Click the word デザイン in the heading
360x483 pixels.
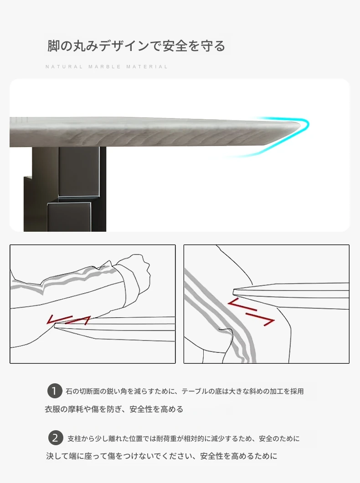coord(124,46)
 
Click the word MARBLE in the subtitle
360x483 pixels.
coord(105,66)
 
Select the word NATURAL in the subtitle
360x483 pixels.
coord(64,66)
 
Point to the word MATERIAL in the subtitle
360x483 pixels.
coord(147,66)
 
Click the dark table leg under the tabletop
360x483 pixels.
coord(65,189)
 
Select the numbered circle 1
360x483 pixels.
coord(55,391)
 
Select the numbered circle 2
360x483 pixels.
coord(56,438)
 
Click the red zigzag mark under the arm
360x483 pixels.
coord(68,320)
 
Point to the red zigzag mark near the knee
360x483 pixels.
coord(251,312)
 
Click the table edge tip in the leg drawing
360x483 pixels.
coord(234,291)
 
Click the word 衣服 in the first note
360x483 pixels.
coord(52,409)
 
